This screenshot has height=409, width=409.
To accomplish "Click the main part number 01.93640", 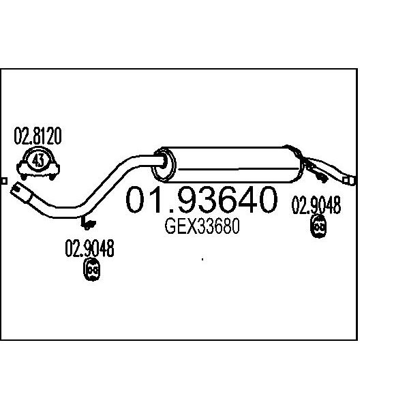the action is (x=201, y=200).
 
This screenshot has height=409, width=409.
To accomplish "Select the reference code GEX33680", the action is (x=202, y=226).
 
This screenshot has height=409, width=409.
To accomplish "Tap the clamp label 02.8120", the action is (x=37, y=136).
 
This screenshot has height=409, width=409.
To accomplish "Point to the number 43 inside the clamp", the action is (x=38, y=160).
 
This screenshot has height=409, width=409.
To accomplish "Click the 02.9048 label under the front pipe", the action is (x=89, y=248).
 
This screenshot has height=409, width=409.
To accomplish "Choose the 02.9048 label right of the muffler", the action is (x=316, y=205).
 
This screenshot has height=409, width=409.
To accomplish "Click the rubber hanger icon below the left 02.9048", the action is (x=92, y=269).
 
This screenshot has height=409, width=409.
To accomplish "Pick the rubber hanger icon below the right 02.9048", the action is (x=318, y=226).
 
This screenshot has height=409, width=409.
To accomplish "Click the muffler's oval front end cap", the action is (x=164, y=165).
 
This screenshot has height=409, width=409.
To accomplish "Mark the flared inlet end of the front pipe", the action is (x=21, y=193).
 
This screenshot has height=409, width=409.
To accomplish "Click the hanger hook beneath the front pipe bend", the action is (x=88, y=222).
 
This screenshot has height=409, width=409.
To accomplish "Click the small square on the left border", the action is (x=4, y=181).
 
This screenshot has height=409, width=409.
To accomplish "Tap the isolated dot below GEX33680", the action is (x=202, y=259).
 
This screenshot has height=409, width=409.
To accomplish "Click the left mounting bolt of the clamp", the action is (x=24, y=177).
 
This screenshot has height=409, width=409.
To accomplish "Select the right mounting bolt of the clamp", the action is (x=52, y=177).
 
